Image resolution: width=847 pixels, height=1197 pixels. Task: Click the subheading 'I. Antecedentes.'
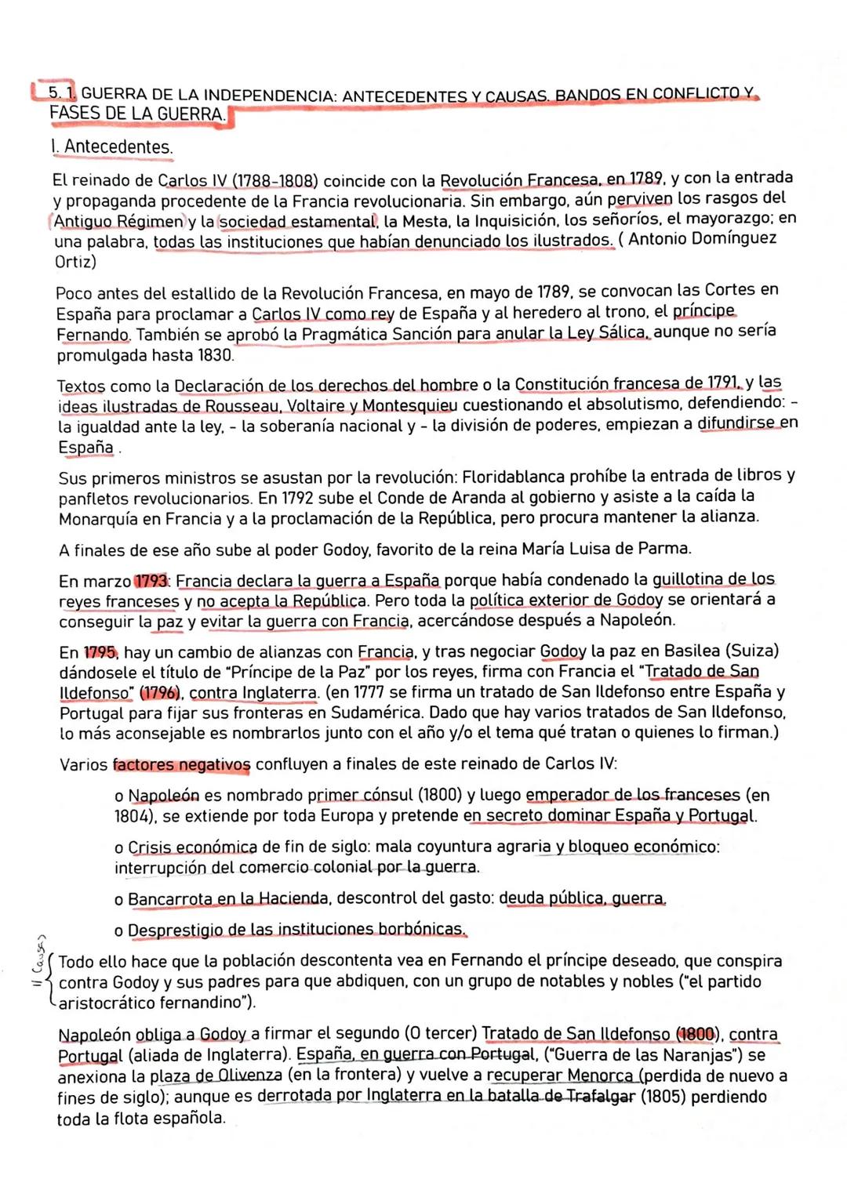coord(111,147)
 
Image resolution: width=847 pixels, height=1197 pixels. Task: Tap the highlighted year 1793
coord(151,582)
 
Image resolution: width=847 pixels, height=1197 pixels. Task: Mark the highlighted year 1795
coord(100,653)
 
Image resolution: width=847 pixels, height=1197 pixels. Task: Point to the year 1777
coord(373,692)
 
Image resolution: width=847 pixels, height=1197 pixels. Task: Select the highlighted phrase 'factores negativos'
coord(181,764)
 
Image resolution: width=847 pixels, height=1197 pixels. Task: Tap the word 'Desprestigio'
coord(175,930)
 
